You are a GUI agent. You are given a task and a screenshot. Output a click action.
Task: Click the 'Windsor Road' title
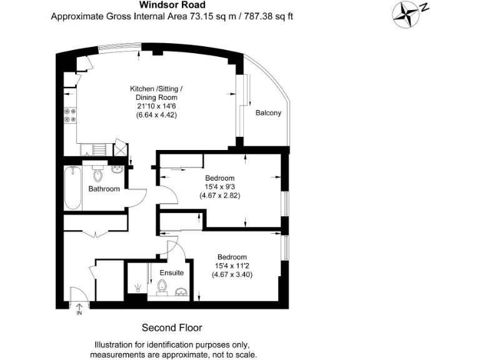click(x=172, y=5)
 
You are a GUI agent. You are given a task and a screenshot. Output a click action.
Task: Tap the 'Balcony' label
click(x=268, y=113)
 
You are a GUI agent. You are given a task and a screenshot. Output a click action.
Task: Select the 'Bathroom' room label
click(x=104, y=189)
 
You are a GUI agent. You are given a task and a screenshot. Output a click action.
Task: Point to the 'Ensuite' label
click(x=171, y=273)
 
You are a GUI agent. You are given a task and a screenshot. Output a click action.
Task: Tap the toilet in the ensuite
click(x=163, y=287)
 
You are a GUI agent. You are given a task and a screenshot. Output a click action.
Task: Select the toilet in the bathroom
click(x=97, y=171)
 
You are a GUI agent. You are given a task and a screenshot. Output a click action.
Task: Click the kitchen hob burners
click(x=69, y=116)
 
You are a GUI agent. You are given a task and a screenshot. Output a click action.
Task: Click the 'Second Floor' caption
click(x=172, y=327)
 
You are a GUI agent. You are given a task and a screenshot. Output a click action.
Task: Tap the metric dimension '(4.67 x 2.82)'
click(x=220, y=196)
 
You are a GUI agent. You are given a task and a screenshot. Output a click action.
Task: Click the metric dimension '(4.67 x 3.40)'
click(x=231, y=274)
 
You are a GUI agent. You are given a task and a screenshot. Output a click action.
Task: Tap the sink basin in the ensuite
click(x=181, y=292)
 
